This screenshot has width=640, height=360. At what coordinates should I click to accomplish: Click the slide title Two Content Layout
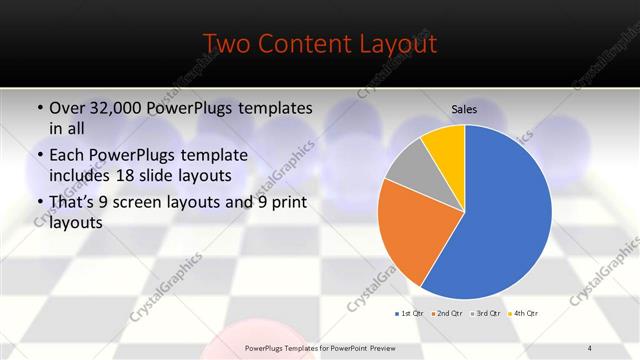(x=319, y=44)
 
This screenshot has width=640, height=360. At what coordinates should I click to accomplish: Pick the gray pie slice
(x=409, y=166)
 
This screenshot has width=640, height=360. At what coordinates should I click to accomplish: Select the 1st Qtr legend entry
(x=408, y=314)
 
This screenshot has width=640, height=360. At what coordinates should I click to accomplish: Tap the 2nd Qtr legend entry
(x=446, y=314)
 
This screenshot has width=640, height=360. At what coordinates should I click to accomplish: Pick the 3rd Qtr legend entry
(x=485, y=314)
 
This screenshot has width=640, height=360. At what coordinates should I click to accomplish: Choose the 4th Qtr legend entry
(x=523, y=314)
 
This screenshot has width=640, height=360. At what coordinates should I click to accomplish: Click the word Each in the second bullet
(x=68, y=156)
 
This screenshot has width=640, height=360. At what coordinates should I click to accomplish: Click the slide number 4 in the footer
(x=590, y=347)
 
